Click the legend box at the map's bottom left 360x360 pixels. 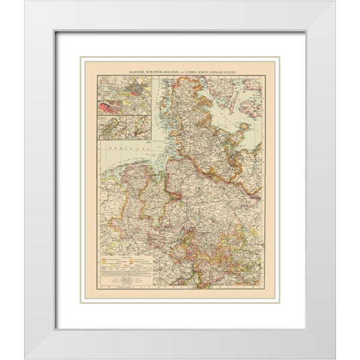(124, 266)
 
